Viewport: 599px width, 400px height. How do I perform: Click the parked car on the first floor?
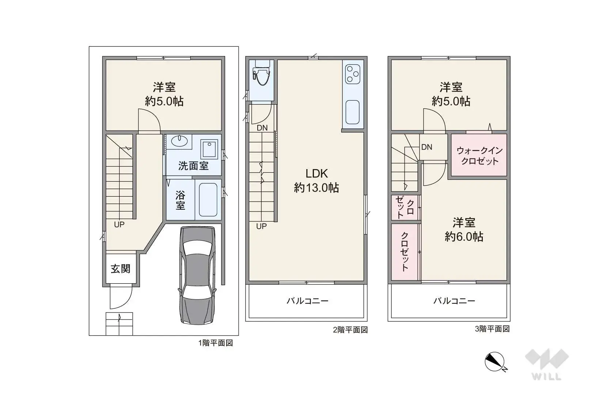coord(197,275)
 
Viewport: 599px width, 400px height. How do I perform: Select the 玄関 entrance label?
coord(121,269)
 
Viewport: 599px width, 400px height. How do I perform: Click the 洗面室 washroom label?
coord(193,166)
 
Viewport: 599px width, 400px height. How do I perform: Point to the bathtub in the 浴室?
coord(208,200)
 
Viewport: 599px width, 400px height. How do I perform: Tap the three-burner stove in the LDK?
coord(353,74)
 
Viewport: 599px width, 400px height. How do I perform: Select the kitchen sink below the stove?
coord(352,112)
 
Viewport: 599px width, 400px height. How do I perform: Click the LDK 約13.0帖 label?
coord(316,180)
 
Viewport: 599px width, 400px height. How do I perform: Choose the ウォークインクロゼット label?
coord(479,156)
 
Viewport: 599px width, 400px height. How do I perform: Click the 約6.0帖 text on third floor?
coord(464,236)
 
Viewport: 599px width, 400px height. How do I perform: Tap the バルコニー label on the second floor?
coord(307,301)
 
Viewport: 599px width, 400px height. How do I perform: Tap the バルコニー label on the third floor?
coord(454,301)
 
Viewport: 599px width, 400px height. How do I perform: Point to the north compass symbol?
coord(495,362)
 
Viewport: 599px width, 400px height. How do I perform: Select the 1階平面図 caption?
coord(215,343)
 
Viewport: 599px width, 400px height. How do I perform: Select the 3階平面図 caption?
coord(492,329)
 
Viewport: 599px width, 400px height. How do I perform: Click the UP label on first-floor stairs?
coord(119,224)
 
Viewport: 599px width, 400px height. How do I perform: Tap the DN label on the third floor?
coord(426,147)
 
